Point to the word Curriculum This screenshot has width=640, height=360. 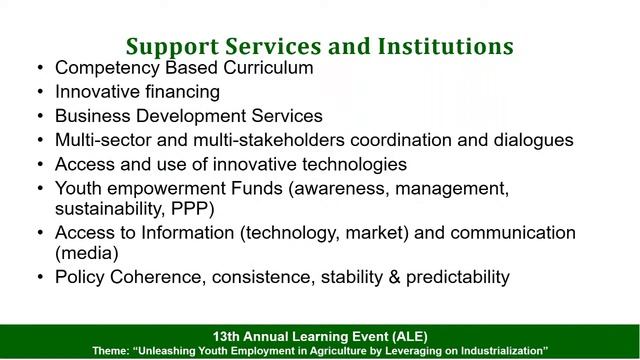(x=265, y=69)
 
